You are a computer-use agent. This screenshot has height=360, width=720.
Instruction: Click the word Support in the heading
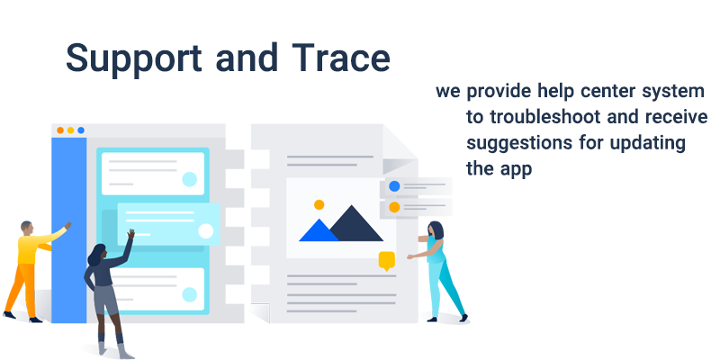(x=133, y=58)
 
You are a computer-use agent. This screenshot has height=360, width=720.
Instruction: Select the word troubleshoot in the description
(x=544, y=117)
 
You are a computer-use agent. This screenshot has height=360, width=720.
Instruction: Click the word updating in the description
(x=647, y=144)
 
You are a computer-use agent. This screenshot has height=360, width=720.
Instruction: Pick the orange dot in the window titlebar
(x=60, y=130)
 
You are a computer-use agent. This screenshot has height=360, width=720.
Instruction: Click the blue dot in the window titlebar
(x=81, y=130)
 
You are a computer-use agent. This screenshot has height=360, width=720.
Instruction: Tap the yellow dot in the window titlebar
(x=71, y=130)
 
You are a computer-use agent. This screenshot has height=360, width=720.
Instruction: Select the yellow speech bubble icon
(x=387, y=261)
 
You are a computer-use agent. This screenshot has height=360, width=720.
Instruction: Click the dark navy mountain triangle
(x=355, y=226)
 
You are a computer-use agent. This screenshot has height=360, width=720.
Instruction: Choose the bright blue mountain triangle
(x=319, y=230)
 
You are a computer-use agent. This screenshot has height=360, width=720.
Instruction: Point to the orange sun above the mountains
(x=319, y=205)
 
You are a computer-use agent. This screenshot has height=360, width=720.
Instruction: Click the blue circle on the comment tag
(x=394, y=186)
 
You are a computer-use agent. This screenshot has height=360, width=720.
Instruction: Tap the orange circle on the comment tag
(x=394, y=207)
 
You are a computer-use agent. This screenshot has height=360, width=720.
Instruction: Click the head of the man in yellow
(x=27, y=228)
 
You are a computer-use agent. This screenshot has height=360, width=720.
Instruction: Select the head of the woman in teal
(x=436, y=230)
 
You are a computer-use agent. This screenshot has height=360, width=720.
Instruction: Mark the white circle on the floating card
(x=206, y=231)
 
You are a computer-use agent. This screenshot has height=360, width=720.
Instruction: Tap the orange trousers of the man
(x=22, y=290)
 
